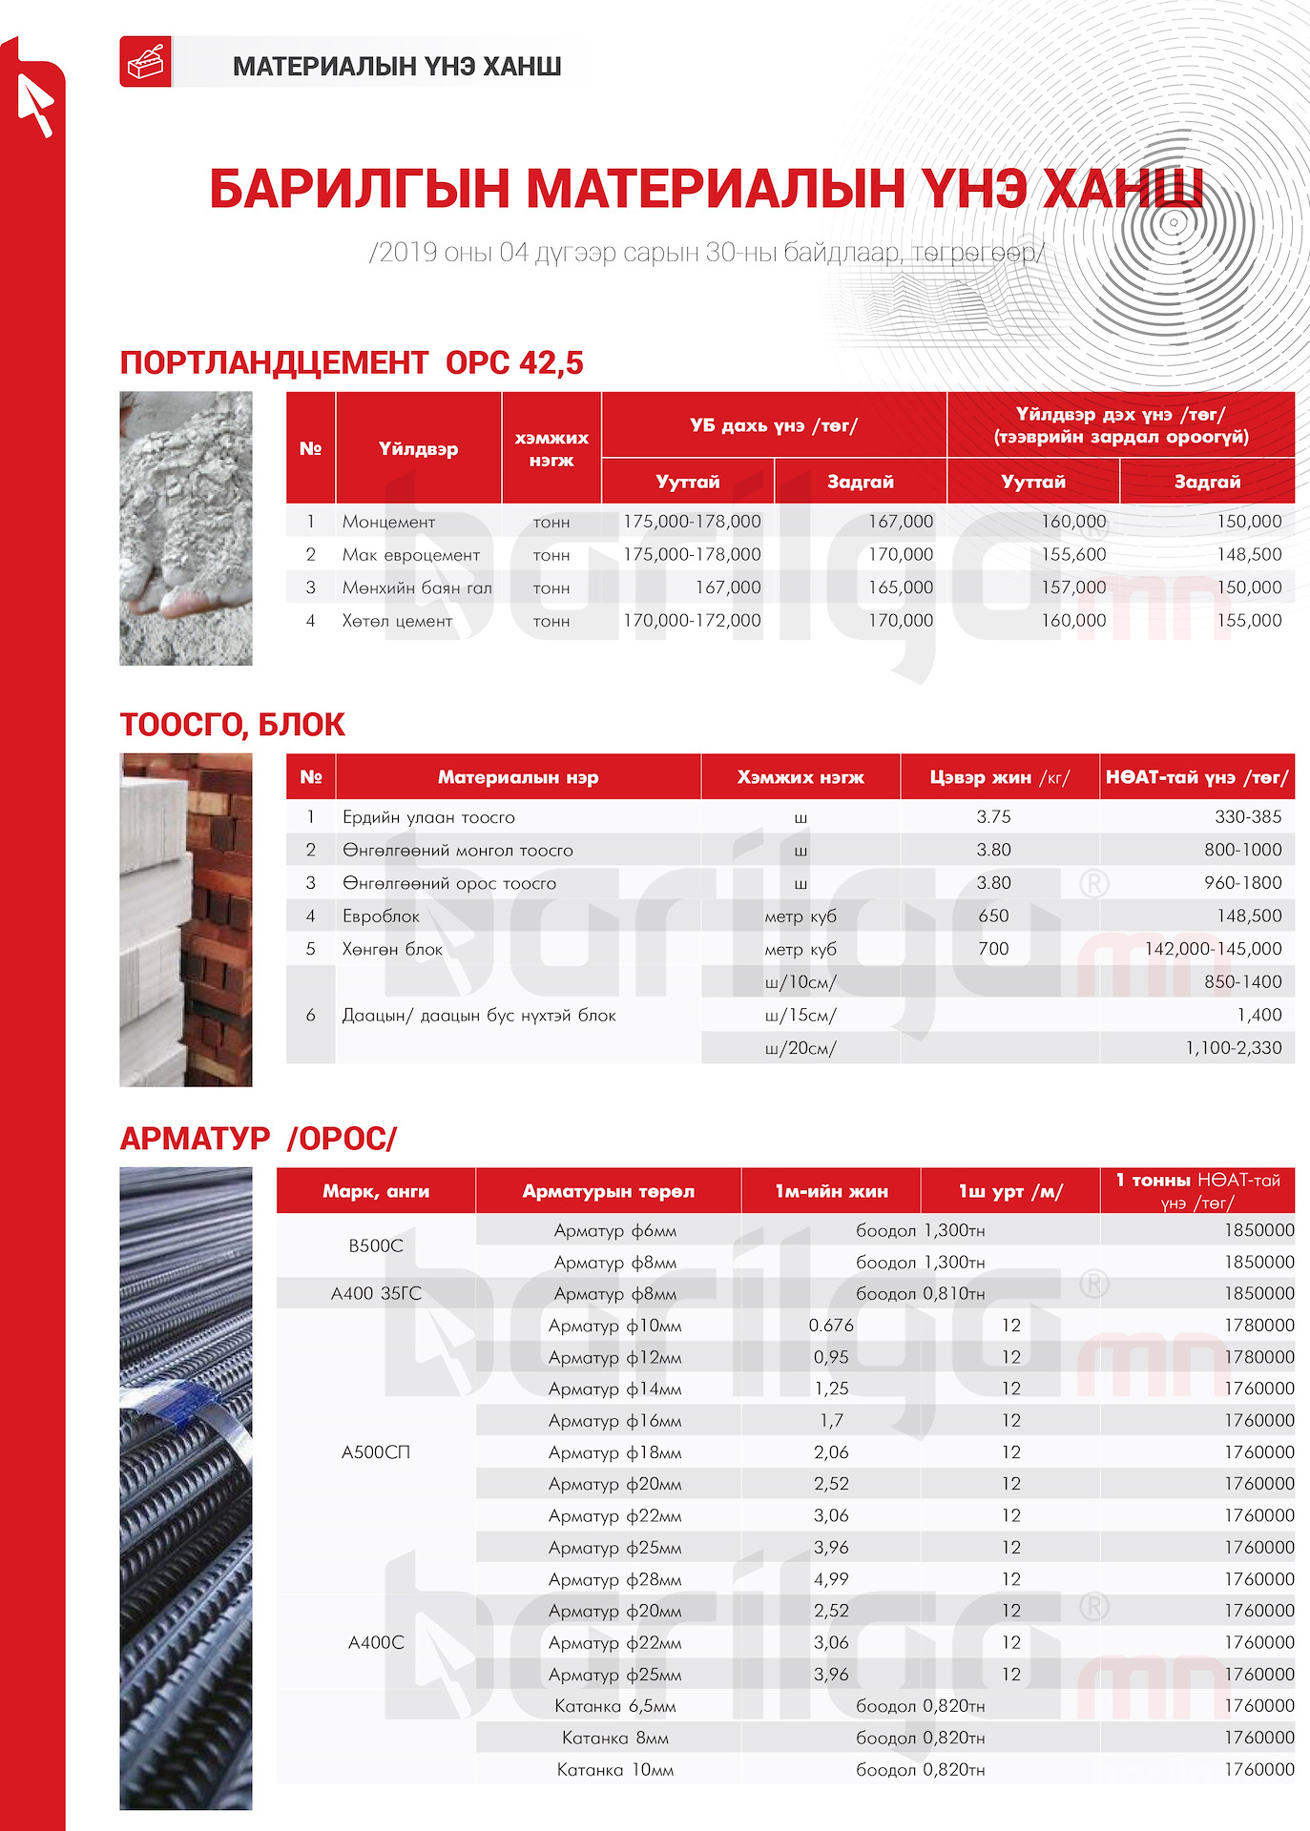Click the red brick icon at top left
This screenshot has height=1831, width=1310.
tap(145, 62)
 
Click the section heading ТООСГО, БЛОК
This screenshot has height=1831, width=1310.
tap(232, 725)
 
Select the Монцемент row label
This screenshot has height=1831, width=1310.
tap(388, 522)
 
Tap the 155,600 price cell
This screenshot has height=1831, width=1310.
tap(1073, 554)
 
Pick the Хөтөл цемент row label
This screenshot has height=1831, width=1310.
tap(397, 621)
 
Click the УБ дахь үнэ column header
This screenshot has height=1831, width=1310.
tap(774, 425)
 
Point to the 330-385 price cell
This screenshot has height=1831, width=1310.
tap(1248, 816)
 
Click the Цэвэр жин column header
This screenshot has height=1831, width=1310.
tap(999, 777)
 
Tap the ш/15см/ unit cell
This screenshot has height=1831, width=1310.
tap(801, 1015)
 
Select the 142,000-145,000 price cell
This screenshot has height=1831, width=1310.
tap(1213, 949)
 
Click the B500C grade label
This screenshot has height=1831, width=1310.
tap(376, 1245)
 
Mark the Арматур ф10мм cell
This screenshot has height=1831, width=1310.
tap(614, 1326)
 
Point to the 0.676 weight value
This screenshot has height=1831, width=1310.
tap(831, 1326)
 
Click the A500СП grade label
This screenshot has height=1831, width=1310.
tap(376, 1452)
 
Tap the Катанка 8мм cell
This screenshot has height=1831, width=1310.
tap(614, 1738)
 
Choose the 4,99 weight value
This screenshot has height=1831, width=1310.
tap(831, 1579)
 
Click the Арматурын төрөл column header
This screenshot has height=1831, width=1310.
tap(608, 1191)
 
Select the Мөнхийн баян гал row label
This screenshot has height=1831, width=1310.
tap(417, 587)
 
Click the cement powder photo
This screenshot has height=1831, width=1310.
tap(186, 528)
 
